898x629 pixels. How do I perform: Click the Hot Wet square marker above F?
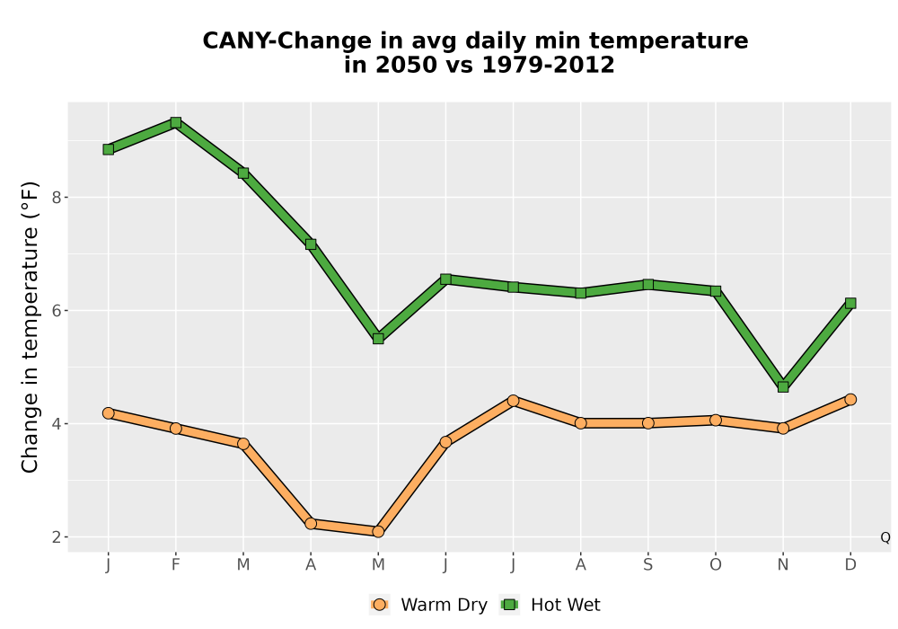(x=176, y=122)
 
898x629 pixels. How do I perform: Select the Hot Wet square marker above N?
(x=783, y=386)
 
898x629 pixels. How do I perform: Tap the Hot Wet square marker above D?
(x=850, y=303)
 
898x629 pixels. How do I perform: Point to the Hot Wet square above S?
(x=647, y=284)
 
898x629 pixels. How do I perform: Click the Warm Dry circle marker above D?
(x=850, y=399)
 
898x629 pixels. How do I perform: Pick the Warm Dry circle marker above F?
(x=176, y=428)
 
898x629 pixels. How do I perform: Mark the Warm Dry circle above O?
(x=716, y=420)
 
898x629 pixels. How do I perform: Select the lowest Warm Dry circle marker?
(x=378, y=532)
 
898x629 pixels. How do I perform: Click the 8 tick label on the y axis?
(x=57, y=198)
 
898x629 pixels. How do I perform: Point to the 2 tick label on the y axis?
(x=57, y=537)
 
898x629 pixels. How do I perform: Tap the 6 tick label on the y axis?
(x=57, y=311)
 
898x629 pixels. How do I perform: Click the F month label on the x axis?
(x=176, y=565)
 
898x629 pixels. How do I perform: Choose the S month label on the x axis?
(x=647, y=565)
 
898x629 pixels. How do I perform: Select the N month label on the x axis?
(x=783, y=565)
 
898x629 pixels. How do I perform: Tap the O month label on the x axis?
(x=716, y=565)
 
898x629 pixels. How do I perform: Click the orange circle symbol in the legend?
(x=379, y=605)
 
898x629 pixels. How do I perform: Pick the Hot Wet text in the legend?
(x=565, y=605)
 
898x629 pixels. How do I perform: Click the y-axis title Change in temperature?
(x=30, y=327)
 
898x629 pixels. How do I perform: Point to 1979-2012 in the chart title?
(x=548, y=65)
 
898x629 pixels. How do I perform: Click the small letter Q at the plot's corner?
(x=885, y=537)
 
